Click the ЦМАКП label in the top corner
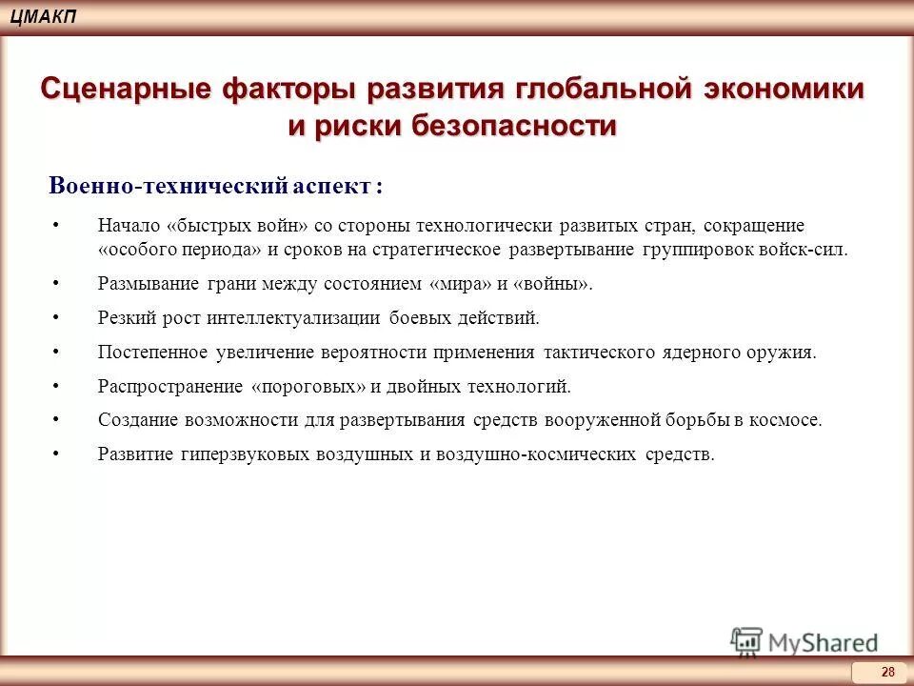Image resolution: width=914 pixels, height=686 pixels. (45, 16)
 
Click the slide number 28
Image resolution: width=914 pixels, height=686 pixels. (887, 673)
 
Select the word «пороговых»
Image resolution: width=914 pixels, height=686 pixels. (309, 386)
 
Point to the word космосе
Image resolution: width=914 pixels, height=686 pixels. (788, 419)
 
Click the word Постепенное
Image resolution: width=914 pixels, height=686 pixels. (153, 352)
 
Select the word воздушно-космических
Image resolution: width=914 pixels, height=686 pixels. (536, 454)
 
